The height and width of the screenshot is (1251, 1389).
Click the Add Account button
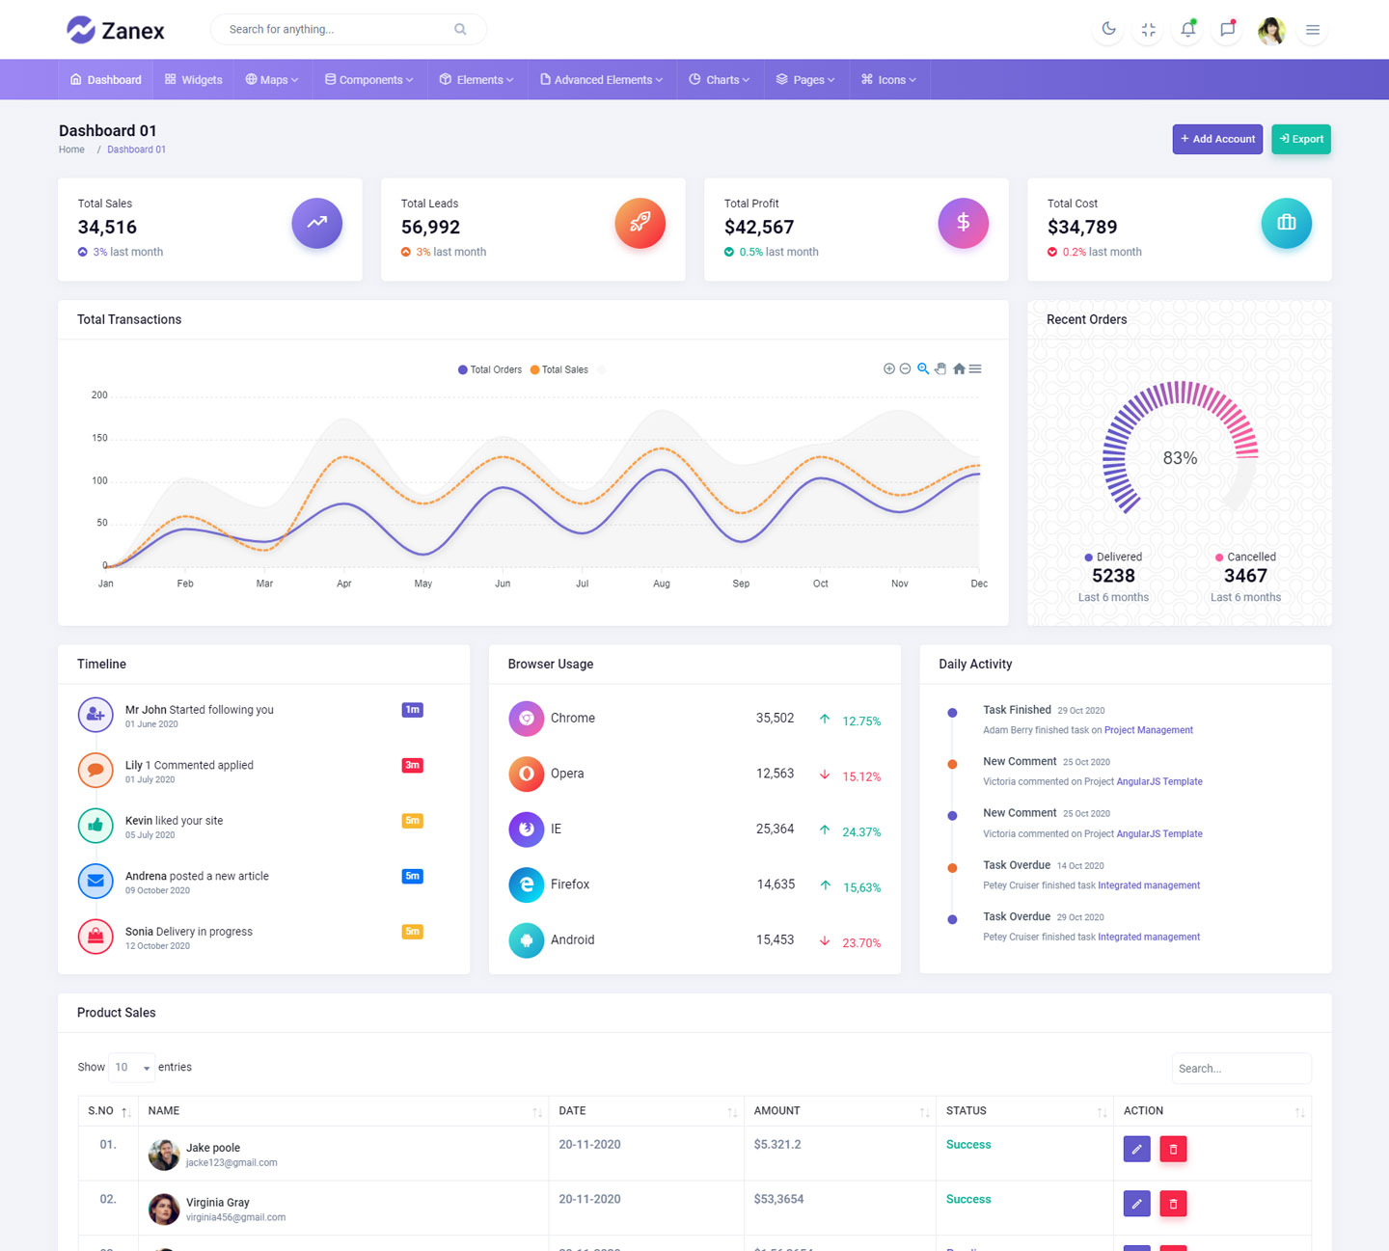[x=1217, y=139]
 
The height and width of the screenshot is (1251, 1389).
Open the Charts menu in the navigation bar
[x=719, y=80]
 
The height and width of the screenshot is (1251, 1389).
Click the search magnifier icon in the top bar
[x=460, y=29]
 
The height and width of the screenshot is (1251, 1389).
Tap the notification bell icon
[x=1187, y=29]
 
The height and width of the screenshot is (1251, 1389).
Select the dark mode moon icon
[x=1109, y=29]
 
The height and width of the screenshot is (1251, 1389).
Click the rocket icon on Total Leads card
[x=640, y=223]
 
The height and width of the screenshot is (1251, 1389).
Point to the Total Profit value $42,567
[x=759, y=228]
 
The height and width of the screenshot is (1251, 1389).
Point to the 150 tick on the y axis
[x=100, y=438]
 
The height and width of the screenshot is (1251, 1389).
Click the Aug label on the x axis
[x=662, y=584]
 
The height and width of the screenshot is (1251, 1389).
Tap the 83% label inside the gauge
[x=1180, y=458]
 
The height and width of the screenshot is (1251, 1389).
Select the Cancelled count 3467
[x=1245, y=576]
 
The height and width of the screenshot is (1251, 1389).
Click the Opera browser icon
[x=527, y=774]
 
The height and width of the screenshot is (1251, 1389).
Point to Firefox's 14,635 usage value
[x=776, y=884]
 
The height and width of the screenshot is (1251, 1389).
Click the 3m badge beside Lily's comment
[x=412, y=766]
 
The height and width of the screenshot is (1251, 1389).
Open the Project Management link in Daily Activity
[x=1148, y=730]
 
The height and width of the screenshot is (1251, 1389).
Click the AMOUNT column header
[x=777, y=1111]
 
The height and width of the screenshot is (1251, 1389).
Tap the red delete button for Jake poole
[x=1173, y=1149]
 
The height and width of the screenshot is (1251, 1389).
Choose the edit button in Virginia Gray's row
[x=1136, y=1204]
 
